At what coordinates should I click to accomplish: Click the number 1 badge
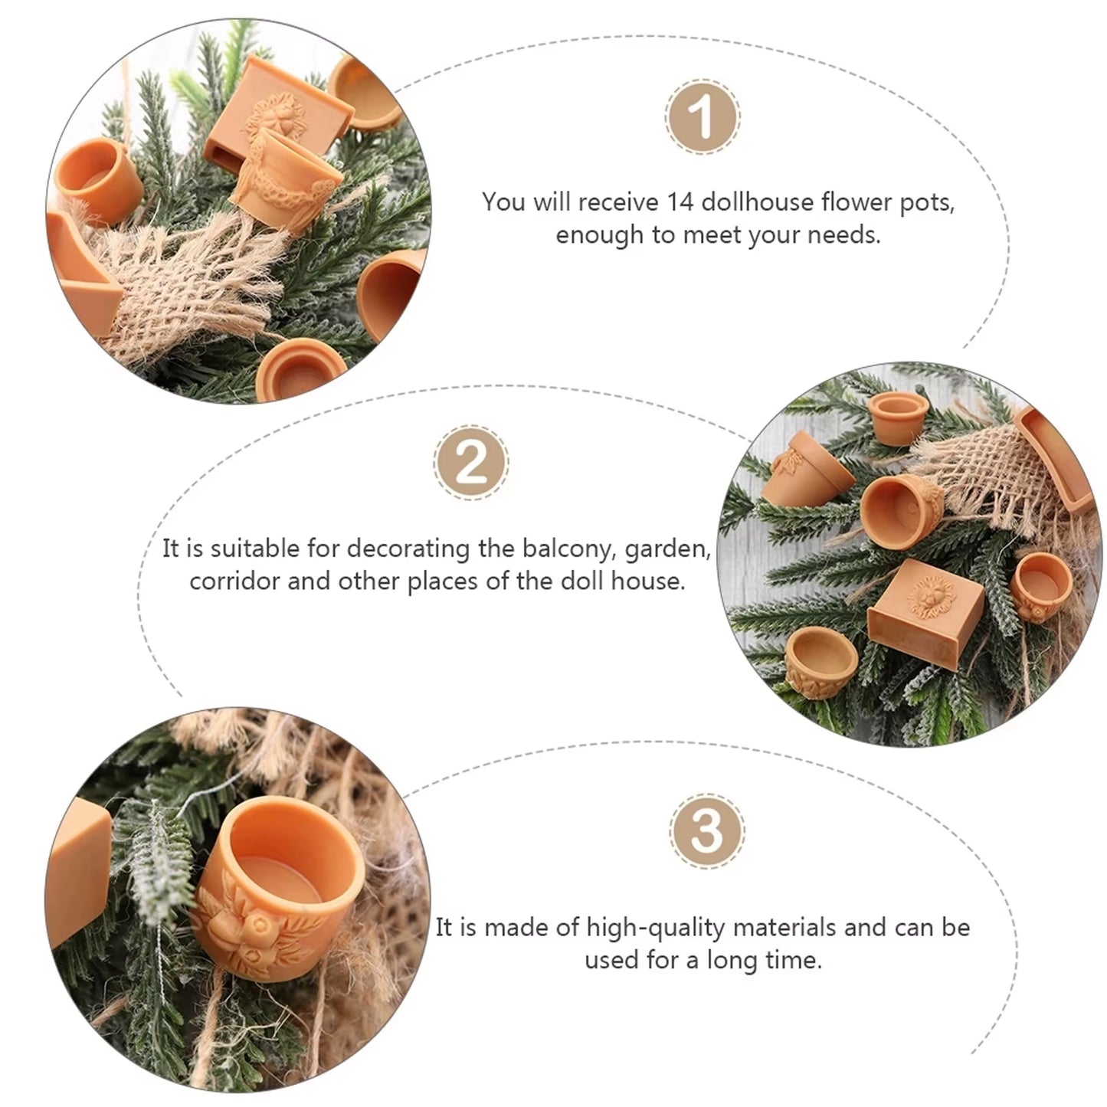[703, 116]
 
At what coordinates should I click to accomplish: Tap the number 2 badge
[470, 463]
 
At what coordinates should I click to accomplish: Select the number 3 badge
[706, 830]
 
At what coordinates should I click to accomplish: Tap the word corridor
[235, 581]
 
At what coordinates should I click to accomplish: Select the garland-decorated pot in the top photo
[281, 178]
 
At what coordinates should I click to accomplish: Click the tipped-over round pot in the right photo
[901, 511]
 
